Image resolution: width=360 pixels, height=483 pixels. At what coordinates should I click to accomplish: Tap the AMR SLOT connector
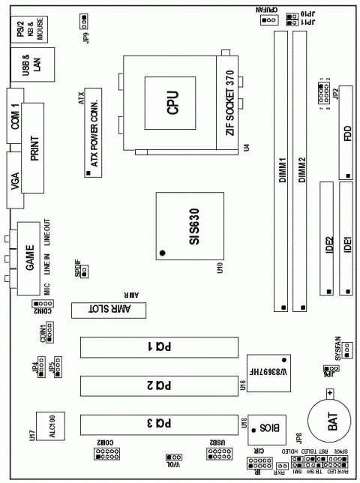point(106,311)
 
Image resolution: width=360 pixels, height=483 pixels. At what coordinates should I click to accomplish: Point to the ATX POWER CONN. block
point(94,132)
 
